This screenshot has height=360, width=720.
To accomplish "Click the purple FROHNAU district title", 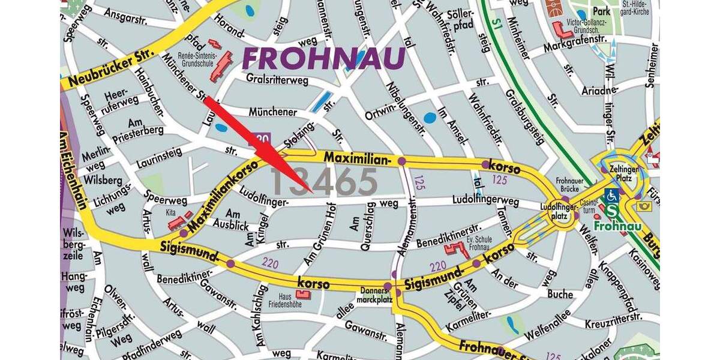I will point(323,59).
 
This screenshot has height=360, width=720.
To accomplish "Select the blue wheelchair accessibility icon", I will point(612,195).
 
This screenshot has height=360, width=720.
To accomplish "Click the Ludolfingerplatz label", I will point(559,211).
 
